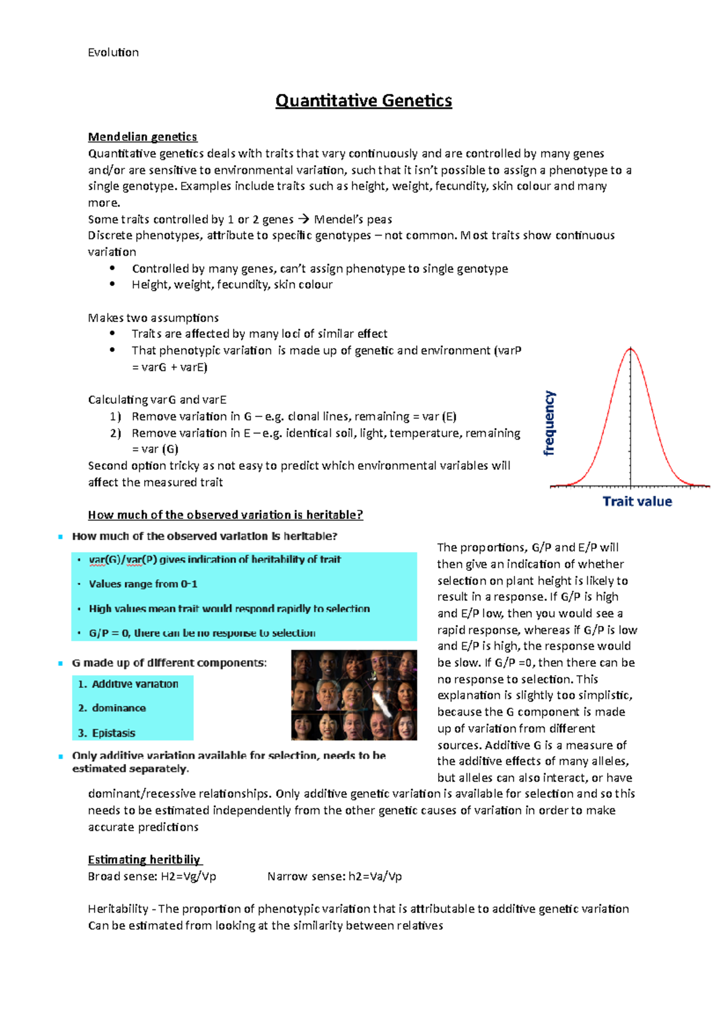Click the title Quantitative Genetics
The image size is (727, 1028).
coord(363,100)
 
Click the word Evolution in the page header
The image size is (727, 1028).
coord(113,53)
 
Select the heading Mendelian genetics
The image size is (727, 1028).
coord(142,137)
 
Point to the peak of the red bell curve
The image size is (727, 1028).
coord(631,349)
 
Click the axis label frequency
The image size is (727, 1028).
coord(549,423)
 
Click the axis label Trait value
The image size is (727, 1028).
coord(637,501)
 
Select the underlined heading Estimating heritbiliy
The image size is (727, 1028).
coord(145,860)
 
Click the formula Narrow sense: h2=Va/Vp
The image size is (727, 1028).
coord(334,876)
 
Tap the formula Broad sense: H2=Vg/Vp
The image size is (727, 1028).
coord(152,876)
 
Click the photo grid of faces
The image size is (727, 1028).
coord(354,695)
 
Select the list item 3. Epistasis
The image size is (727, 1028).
coord(107,733)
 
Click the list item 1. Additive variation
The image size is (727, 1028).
coord(128,684)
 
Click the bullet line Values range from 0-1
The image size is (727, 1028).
coord(143,584)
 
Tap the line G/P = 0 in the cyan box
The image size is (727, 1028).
coord(202,633)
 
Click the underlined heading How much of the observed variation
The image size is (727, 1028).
coord(225,515)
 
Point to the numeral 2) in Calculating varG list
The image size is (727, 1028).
coord(115,433)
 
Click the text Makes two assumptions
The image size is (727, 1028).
coord(153,318)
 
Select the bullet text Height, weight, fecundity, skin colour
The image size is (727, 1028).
coord(232,285)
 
